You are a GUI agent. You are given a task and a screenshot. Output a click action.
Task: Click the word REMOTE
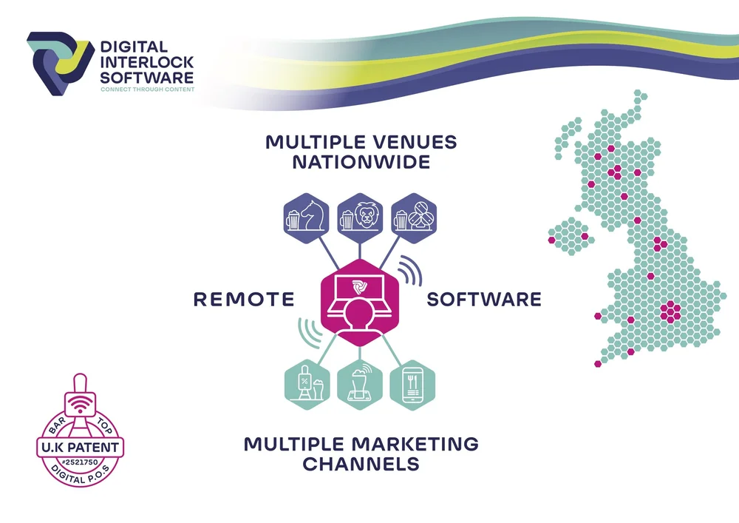coord(243,300)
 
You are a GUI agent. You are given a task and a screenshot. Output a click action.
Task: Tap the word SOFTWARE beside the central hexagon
coord(484,300)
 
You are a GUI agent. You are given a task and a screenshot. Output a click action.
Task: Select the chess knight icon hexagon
coord(307,217)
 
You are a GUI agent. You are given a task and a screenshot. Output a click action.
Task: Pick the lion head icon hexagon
coord(360,217)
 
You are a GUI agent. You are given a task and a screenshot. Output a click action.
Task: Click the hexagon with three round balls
coord(413,217)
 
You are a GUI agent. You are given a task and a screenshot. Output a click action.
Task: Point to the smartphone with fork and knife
coord(413,384)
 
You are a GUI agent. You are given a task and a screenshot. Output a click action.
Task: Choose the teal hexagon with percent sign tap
coord(307,384)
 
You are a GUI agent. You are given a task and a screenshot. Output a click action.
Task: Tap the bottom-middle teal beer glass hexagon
coord(360,384)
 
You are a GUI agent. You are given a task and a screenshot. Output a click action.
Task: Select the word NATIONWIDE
coord(361,161)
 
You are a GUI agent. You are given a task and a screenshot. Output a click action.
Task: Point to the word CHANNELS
coord(361,465)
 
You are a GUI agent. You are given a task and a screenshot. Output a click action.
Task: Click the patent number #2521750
coord(80,462)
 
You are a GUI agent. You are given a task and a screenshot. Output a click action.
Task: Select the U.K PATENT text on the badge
coord(80,447)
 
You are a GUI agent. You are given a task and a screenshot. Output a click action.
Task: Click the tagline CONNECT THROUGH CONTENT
coord(147,90)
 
